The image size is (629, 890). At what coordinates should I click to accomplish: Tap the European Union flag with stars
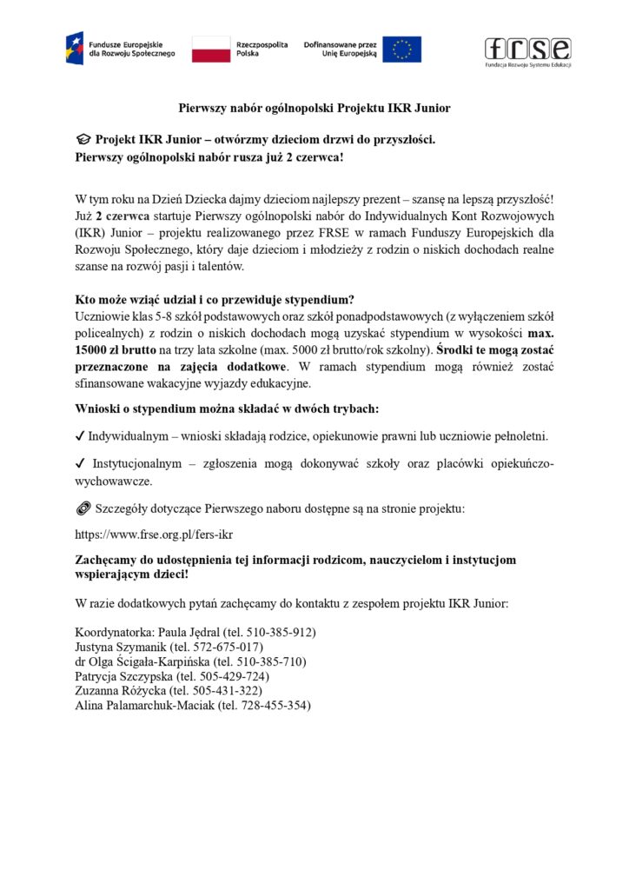click(402, 49)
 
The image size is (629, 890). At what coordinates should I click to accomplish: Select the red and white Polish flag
click(210, 49)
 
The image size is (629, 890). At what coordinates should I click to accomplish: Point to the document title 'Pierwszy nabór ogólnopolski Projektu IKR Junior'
click(314, 109)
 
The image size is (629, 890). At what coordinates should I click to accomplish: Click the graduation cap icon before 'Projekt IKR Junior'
click(83, 139)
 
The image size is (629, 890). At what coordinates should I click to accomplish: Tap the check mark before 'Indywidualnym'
click(80, 435)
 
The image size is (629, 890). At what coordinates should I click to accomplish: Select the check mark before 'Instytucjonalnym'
click(80, 464)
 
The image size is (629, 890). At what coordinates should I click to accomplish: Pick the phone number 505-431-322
click(247, 691)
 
